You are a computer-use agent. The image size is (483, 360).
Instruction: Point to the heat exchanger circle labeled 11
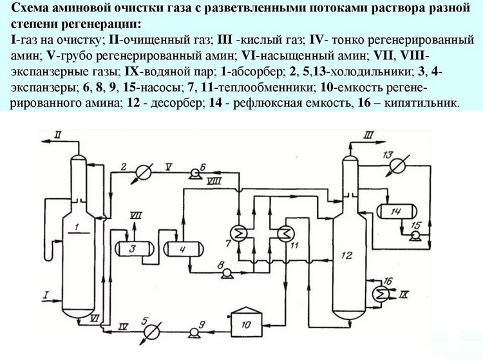284,234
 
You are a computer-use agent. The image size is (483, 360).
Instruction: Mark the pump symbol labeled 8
226,274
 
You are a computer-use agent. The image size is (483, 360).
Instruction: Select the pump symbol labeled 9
193,332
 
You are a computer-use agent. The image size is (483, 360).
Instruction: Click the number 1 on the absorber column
77,227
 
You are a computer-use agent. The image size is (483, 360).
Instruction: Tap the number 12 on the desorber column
347,256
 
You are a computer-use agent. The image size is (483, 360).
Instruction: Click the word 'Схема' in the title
32,10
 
